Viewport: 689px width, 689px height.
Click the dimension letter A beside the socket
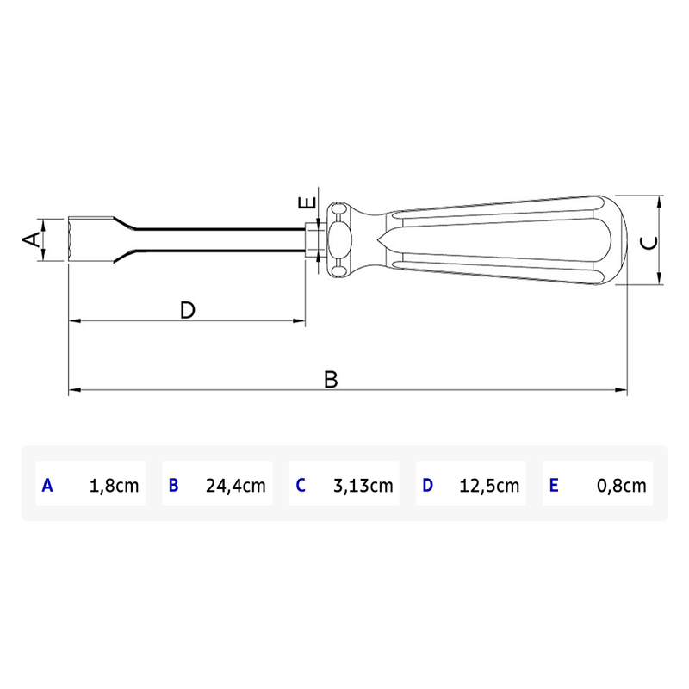point(31,239)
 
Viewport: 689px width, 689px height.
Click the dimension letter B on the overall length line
point(331,379)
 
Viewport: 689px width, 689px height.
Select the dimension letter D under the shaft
point(188,310)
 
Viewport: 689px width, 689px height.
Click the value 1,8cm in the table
point(114,485)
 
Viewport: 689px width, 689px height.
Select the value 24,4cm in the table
point(235,485)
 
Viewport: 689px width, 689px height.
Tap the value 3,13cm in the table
point(363,485)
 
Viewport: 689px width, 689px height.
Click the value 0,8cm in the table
point(621,485)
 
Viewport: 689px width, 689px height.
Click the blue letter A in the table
point(47,485)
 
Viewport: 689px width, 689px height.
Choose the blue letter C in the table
point(300,485)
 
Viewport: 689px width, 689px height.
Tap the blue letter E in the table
point(553,485)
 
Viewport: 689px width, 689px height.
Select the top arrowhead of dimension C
point(659,201)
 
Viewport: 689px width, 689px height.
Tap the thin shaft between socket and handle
point(224,239)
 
